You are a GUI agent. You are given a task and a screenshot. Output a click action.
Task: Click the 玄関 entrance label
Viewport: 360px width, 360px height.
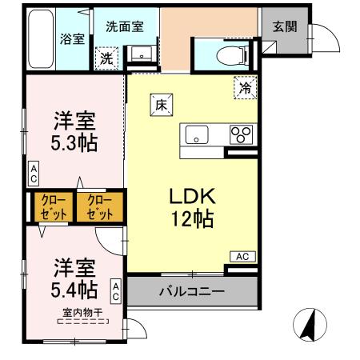(284, 26)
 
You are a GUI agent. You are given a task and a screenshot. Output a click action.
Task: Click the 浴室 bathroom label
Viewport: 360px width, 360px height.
(73, 38)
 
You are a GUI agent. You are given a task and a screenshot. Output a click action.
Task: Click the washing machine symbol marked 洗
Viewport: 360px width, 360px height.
(106, 58)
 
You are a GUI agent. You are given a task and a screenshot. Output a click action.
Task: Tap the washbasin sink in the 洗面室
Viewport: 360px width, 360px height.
(142, 54)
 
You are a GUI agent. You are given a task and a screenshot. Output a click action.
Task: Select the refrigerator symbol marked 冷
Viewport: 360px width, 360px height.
(246, 88)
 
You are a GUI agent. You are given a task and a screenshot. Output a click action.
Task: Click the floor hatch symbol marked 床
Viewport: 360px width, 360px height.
(160, 102)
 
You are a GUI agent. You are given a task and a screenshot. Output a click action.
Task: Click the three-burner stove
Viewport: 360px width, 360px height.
(241, 134)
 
